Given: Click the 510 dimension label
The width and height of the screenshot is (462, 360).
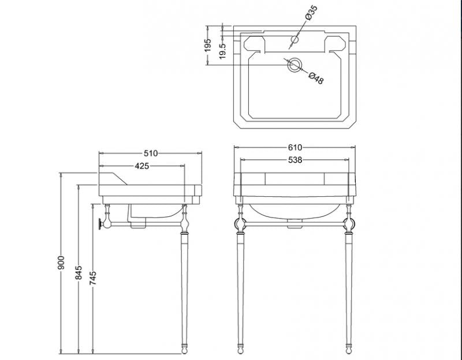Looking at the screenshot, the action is pyautogui.click(x=151, y=153).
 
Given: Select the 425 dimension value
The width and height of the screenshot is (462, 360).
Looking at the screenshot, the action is pyautogui.click(x=141, y=166).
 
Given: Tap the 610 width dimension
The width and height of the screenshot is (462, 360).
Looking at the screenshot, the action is pyautogui.click(x=295, y=147).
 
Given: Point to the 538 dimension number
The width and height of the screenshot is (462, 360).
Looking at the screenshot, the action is pyautogui.click(x=295, y=160).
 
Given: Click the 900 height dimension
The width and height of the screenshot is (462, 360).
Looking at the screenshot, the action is pyautogui.click(x=61, y=262).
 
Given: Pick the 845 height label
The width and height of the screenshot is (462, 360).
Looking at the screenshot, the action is pyautogui.click(x=79, y=273).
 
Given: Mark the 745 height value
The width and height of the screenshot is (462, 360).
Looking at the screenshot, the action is pyautogui.click(x=93, y=278).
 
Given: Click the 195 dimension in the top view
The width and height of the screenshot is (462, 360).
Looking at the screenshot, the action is pyautogui.click(x=208, y=46).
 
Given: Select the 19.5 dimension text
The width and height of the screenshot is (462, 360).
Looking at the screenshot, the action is pyautogui.click(x=223, y=51).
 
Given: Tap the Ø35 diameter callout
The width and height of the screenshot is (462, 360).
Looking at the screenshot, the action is pyautogui.click(x=311, y=13).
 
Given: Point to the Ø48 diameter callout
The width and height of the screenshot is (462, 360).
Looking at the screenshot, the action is pyautogui.click(x=316, y=78).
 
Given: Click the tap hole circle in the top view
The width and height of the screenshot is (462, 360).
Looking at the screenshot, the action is pyautogui.click(x=295, y=39).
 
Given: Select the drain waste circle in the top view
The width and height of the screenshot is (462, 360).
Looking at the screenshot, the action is pyautogui.click(x=295, y=65).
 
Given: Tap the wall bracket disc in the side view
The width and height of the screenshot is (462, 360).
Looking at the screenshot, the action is pyautogui.click(x=100, y=224).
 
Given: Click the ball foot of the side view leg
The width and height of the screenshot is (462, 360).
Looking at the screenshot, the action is pyautogui.click(x=184, y=351).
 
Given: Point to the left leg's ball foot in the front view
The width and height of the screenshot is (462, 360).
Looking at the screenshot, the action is pyautogui.click(x=240, y=351).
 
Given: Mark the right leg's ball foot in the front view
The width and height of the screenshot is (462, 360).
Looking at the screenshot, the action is pyautogui.click(x=349, y=351).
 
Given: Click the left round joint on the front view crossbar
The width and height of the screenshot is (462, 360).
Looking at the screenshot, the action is pyautogui.click(x=240, y=224).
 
